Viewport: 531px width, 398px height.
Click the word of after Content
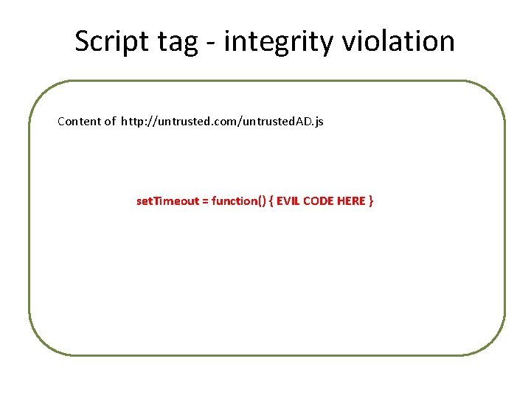(110, 122)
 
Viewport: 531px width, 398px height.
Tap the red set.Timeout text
(167, 200)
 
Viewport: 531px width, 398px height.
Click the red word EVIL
(288, 201)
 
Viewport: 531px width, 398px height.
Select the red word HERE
(351, 201)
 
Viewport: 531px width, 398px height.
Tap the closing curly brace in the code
(371, 201)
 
